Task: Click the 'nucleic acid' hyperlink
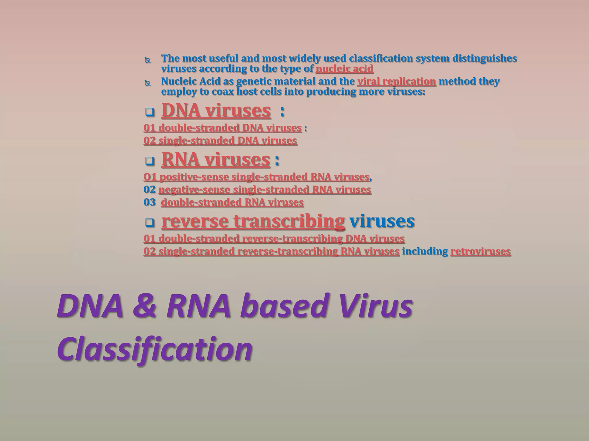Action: point(344,69)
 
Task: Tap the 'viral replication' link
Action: point(397,82)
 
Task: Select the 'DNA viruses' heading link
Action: point(216,111)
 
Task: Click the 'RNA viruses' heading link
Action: point(215,159)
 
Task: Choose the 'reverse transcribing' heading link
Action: point(253,221)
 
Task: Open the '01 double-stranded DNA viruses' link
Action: point(223,128)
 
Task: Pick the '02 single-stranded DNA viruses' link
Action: point(220,141)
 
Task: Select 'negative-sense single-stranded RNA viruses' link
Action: point(265,190)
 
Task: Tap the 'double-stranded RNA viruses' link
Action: point(232,202)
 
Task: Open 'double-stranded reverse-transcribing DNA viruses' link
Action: point(274,239)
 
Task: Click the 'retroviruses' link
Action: point(481,252)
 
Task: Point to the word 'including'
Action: point(425,252)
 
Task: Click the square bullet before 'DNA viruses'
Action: point(150,112)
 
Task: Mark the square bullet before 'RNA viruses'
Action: point(150,161)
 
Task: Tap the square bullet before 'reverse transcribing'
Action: point(150,223)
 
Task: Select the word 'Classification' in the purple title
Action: point(155,349)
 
